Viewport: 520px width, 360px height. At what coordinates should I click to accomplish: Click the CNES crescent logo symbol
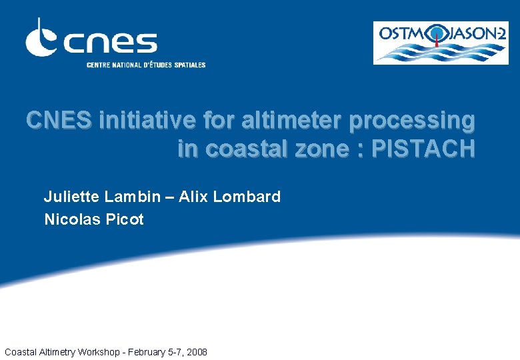pyautogui.click(x=42, y=39)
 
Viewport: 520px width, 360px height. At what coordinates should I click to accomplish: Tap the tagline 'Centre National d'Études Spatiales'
pyautogui.click(x=146, y=65)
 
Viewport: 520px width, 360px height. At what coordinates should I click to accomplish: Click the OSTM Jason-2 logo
pyautogui.click(x=441, y=43)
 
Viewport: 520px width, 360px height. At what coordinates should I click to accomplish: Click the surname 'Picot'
pyautogui.click(x=125, y=219)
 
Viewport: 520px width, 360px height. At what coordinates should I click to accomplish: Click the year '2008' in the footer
pyautogui.click(x=195, y=351)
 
